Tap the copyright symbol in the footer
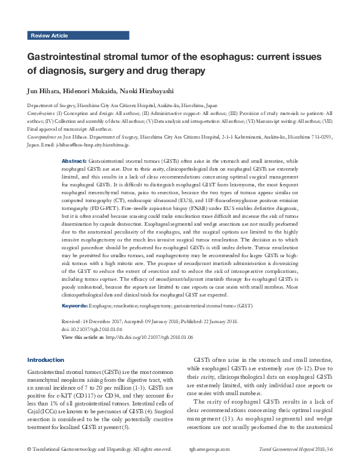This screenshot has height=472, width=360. [x=30, y=466]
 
